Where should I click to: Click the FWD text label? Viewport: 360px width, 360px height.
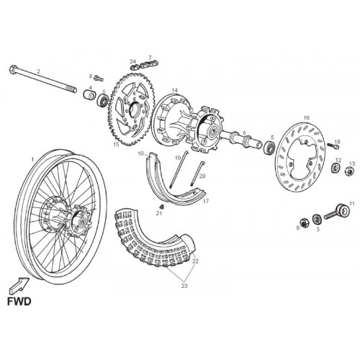coord(19,301)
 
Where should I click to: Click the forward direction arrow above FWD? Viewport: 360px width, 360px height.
coord(19,285)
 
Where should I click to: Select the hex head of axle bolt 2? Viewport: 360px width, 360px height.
coord(13,69)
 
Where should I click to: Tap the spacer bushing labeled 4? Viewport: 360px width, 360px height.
coord(89,94)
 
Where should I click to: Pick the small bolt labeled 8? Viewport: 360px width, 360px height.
coord(99,78)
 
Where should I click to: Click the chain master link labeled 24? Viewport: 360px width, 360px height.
coord(135,67)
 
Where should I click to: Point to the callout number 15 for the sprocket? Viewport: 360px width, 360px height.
coord(116,145)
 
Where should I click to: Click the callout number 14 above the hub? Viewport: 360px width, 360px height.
coord(175,91)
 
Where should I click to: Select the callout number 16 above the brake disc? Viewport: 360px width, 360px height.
coord(307,117)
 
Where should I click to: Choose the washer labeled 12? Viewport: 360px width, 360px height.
coord(336,167)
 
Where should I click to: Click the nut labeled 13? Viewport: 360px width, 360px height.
coord(349,171)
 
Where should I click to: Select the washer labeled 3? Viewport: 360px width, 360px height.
coord(318,219)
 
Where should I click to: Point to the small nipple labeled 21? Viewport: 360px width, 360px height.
coord(162,207)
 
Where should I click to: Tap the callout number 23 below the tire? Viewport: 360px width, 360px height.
coord(184,286)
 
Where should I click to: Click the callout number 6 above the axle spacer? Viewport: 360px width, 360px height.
coord(244,133)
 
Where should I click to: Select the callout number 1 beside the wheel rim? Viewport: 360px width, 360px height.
coord(32,159)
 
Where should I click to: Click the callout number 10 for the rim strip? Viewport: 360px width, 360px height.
coord(140,153)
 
